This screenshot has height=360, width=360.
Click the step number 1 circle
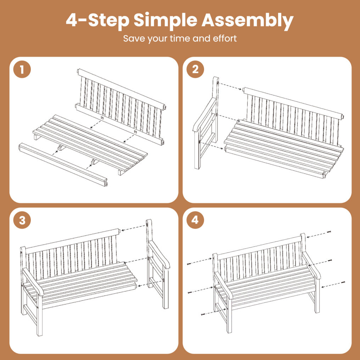coord(22,69)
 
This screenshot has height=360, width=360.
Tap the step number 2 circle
coord(195,69)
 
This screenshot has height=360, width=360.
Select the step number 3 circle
coord(22,220)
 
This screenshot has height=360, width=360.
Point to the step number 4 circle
coord(195,220)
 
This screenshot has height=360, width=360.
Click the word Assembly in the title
coord(247,21)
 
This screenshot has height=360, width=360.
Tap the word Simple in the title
coord(165,21)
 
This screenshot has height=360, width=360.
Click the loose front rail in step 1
coord(63,164)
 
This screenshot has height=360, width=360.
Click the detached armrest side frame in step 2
coord(206,123)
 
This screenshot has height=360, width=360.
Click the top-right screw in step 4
coord(329,232)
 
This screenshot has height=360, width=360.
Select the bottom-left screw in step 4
coord(203,314)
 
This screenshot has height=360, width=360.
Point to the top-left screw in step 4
coord(190,264)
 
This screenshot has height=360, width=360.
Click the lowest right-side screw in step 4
coord(343,282)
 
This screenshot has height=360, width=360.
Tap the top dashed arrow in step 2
coord(230,86)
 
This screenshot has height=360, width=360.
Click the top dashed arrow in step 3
coord(133,228)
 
